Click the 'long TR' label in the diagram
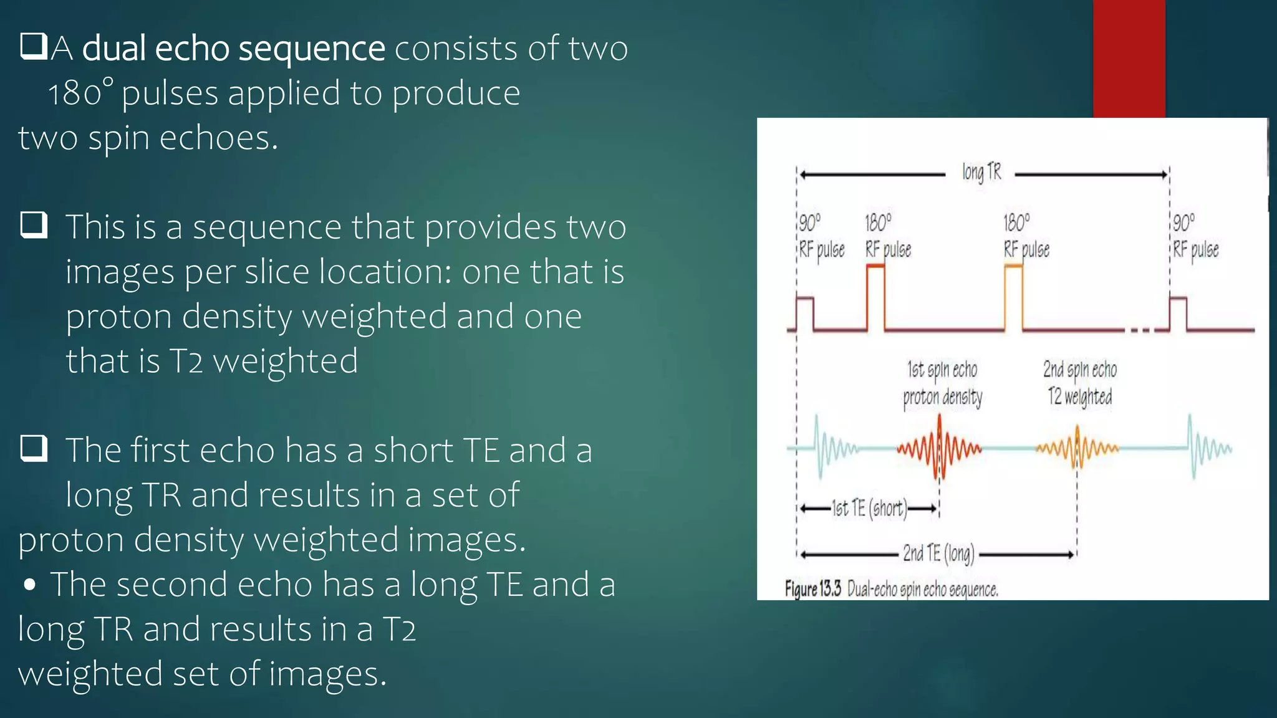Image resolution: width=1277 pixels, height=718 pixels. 981,173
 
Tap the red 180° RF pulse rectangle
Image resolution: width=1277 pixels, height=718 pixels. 875,298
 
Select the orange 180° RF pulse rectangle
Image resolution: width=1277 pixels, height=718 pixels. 1013,298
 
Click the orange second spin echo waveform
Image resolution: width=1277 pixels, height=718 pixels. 1077,448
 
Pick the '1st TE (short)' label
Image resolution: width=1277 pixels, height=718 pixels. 869,509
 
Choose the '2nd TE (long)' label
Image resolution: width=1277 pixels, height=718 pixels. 938,553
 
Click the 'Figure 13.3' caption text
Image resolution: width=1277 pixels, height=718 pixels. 812,588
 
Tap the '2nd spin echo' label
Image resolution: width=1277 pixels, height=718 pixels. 1080,370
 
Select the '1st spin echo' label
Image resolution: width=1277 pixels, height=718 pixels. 942,370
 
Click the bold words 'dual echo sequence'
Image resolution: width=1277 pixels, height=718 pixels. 233,49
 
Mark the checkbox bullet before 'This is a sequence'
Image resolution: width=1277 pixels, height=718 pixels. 34,224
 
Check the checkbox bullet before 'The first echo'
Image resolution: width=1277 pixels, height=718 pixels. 34,448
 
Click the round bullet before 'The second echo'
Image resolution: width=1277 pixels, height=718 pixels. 29,585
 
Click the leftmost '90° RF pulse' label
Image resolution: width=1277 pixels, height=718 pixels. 821,236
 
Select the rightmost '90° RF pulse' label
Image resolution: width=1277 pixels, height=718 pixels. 1195,236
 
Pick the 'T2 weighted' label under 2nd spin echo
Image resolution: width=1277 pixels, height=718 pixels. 1080,396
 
